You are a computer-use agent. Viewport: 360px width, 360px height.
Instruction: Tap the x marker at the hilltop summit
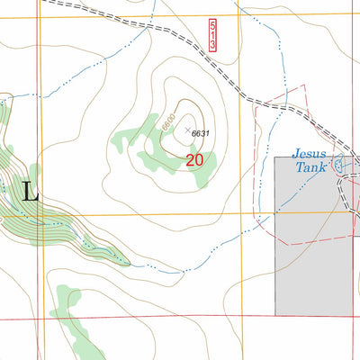pyautogui.click(x=188, y=130)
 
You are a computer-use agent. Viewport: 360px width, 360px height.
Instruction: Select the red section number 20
pyautogui.click(x=194, y=160)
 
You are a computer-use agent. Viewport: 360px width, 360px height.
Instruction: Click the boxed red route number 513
pyautogui.click(x=211, y=35)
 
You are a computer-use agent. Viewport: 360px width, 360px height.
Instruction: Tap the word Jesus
pyautogui.click(x=309, y=154)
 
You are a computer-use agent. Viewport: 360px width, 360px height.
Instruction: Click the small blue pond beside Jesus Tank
pyautogui.click(x=339, y=165)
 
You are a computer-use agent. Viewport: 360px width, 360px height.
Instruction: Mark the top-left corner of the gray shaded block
pyautogui.click(x=275, y=157)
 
